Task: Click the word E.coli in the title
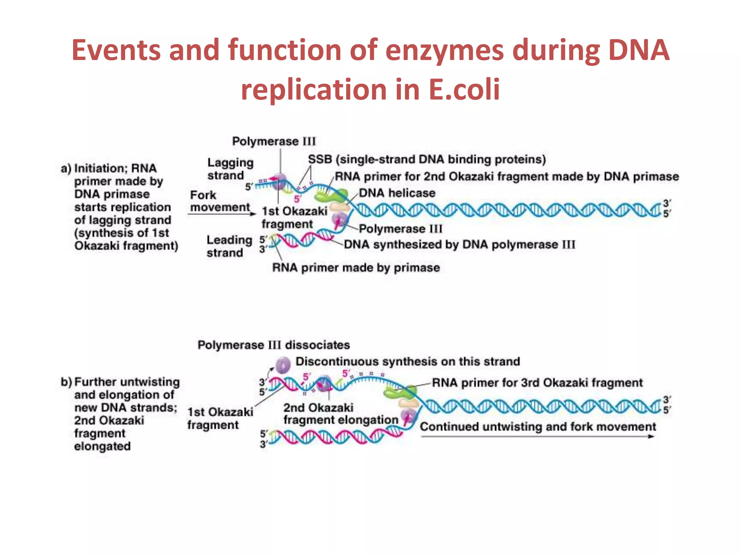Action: pyautogui.click(x=464, y=89)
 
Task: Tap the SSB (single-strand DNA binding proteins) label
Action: pyautogui.click(x=427, y=159)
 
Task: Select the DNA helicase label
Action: pyautogui.click(x=397, y=193)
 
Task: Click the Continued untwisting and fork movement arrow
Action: pyautogui.click(x=538, y=436)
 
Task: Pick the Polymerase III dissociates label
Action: pyautogui.click(x=274, y=345)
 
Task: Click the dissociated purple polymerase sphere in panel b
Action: pyautogui.click(x=283, y=365)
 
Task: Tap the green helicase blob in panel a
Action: pyautogui.click(x=330, y=196)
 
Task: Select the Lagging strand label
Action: pyautogui.click(x=230, y=169)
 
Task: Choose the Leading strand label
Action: pyautogui.click(x=229, y=246)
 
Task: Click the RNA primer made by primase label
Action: pyautogui.click(x=356, y=268)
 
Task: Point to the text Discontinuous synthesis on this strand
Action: pyautogui.click(x=407, y=361)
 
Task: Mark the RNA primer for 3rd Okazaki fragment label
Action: pyautogui.click(x=537, y=383)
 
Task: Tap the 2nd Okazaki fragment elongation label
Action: pyautogui.click(x=340, y=414)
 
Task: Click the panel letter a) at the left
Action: pyautogui.click(x=66, y=169)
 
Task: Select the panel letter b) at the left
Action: pyautogui.click(x=66, y=382)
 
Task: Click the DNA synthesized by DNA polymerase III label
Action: pyautogui.click(x=459, y=245)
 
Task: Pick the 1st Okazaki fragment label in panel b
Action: pyautogui.click(x=220, y=418)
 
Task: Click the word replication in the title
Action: pyautogui.click(x=313, y=89)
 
